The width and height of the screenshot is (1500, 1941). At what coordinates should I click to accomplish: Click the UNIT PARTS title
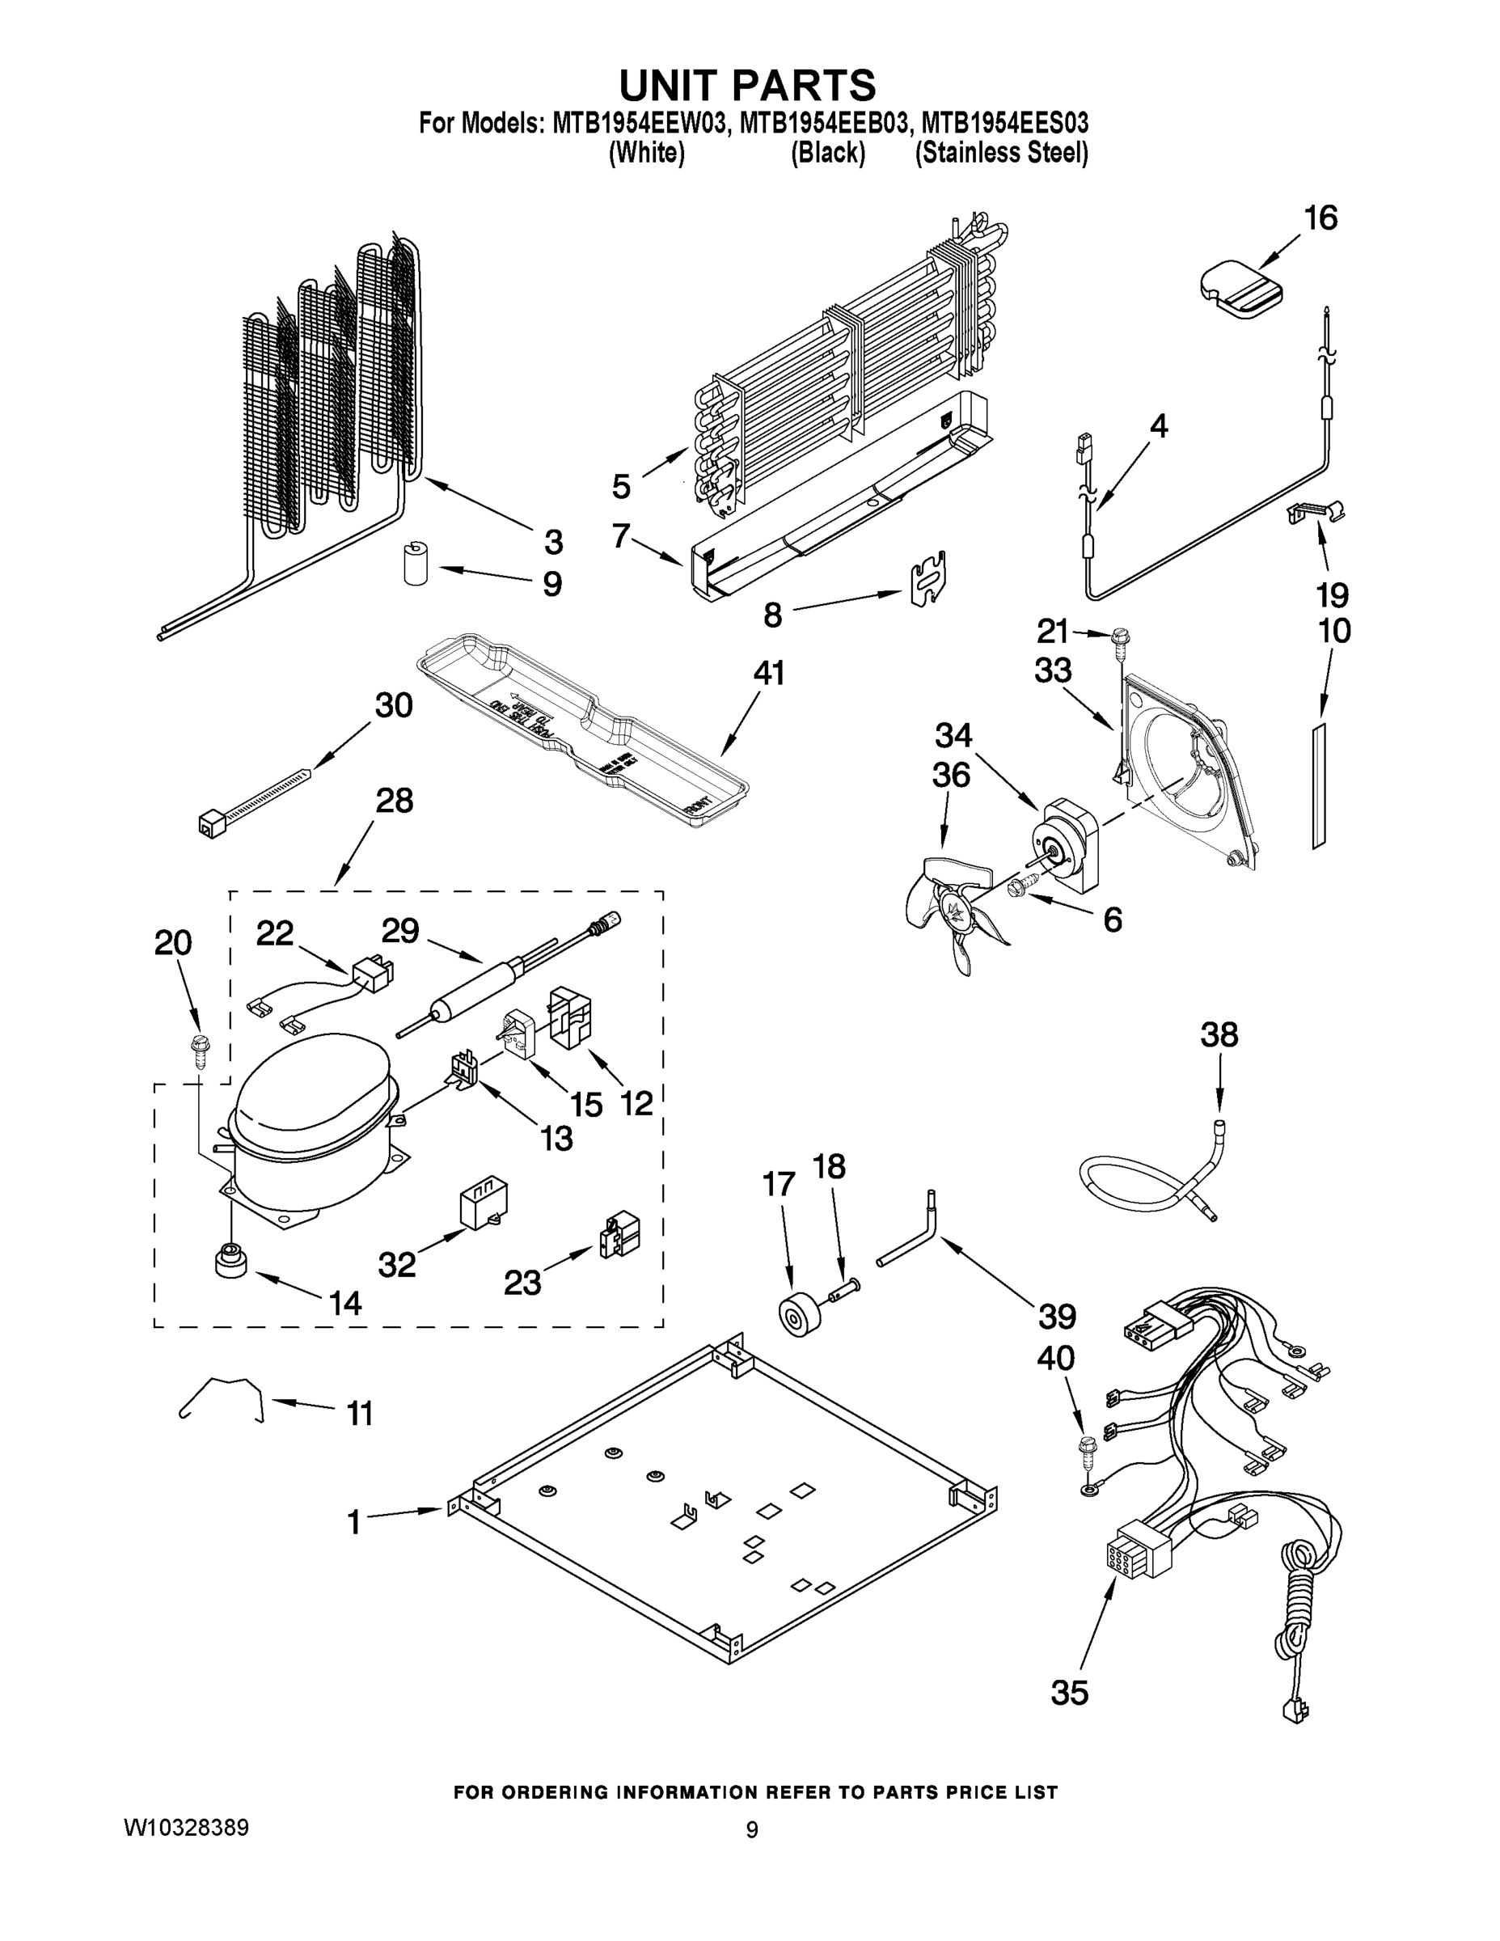[x=747, y=84]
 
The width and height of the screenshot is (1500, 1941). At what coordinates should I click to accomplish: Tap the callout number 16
[x=1320, y=218]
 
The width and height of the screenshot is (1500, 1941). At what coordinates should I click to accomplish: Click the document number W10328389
[x=186, y=1827]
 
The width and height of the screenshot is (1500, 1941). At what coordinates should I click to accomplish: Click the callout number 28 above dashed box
[x=394, y=801]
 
